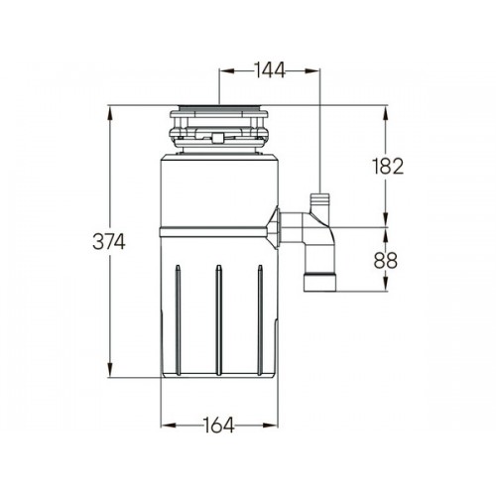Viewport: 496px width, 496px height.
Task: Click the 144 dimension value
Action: (x=269, y=70)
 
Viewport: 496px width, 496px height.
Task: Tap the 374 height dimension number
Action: (x=109, y=241)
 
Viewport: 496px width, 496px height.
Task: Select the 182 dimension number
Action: (x=388, y=166)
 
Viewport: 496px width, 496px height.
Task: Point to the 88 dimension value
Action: (x=386, y=260)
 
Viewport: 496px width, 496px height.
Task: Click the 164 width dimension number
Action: (x=218, y=425)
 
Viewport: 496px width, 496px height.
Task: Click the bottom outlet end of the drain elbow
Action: (x=319, y=282)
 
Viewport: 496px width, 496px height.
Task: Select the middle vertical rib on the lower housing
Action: (x=218, y=319)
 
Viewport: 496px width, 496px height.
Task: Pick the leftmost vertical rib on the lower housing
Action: (x=178, y=319)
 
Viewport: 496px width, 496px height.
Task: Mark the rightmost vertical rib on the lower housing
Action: (x=260, y=319)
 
